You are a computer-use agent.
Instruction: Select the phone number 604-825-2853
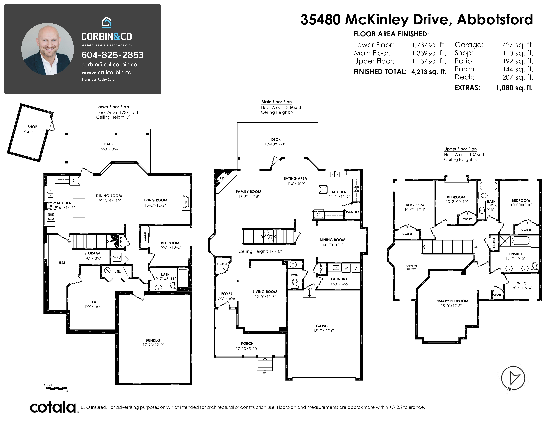112,55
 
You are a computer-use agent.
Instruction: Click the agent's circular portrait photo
48,49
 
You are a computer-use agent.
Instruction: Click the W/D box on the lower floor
117,257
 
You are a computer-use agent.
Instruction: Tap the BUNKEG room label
153,340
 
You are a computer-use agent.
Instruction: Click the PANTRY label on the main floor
352,212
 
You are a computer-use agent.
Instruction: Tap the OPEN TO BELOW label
411,268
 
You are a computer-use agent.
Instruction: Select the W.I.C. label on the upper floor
522,283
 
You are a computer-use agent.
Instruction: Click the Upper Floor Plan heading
460,149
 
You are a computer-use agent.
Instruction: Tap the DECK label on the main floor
276,139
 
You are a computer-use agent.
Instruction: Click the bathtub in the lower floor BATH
183,278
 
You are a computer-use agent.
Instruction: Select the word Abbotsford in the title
495,20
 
